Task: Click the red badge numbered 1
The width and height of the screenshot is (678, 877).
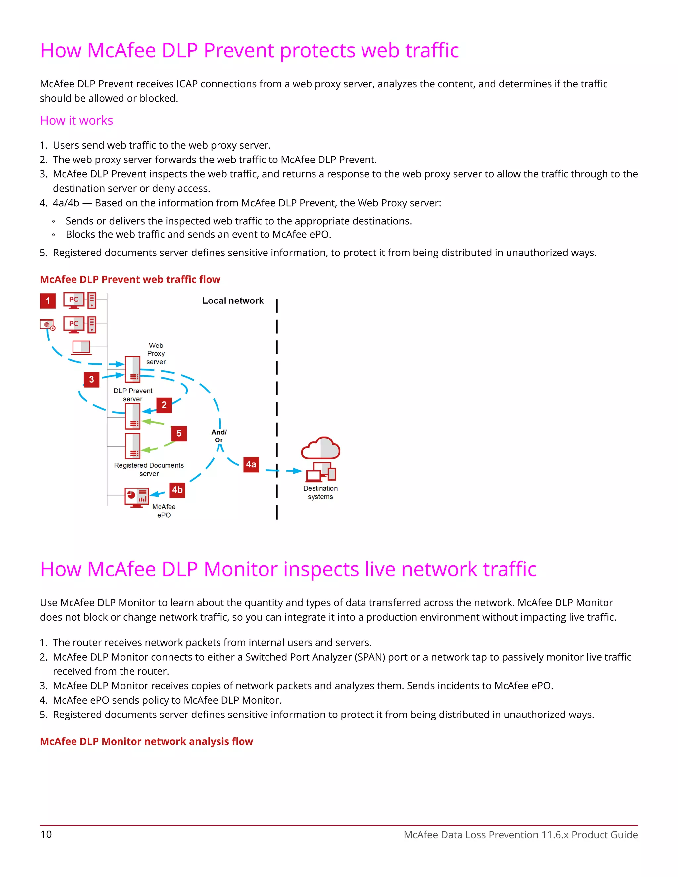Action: tap(48, 301)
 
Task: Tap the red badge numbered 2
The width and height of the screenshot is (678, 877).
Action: tap(164, 405)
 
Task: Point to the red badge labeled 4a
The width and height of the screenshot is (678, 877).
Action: tap(251, 465)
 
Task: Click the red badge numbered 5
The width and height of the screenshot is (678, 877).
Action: tap(179, 433)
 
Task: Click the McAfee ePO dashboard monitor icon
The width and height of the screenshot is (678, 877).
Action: tap(137, 497)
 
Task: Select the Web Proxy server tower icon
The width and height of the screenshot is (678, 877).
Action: tap(132, 369)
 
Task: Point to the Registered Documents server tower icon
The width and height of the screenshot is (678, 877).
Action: tap(132, 446)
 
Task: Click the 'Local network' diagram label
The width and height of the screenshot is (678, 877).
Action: tap(232, 301)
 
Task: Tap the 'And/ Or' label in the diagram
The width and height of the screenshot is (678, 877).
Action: tap(219, 436)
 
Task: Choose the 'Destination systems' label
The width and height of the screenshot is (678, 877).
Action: tap(320, 493)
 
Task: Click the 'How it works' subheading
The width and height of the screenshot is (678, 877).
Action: tap(76, 120)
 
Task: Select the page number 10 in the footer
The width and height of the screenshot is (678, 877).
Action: tap(46, 834)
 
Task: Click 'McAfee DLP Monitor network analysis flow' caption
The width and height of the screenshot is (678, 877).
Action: tap(146, 741)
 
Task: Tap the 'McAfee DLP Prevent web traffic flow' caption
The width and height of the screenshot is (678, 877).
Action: tap(130, 280)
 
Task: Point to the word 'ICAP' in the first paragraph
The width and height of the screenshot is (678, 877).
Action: tap(187, 84)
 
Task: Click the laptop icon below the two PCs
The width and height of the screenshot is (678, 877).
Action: tap(81, 347)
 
